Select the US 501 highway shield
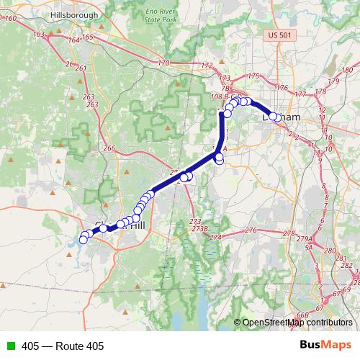276,34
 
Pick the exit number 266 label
109,148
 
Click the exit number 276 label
251,230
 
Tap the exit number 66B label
302,315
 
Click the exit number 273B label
199,228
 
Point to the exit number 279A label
304,238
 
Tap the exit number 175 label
253,76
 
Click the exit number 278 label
289,233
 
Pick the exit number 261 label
81,68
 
